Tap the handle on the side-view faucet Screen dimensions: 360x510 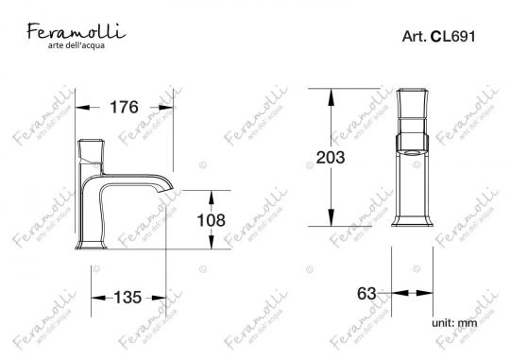pyautogui.click(x=93, y=151)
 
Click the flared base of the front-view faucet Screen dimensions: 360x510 pyautogui.click(x=414, y=222)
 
